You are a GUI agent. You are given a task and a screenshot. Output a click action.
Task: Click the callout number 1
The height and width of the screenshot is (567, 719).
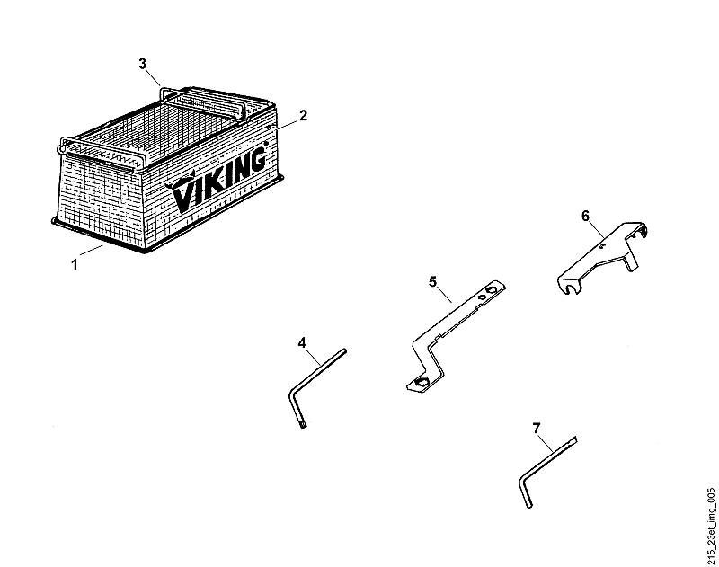pos(75,264)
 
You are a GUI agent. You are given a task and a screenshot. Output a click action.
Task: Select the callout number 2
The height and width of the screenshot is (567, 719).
pos(303,116)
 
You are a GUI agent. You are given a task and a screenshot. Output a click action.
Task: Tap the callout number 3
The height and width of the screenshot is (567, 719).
pos(143,64)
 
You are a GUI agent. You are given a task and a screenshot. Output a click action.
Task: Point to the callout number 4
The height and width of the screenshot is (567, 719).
pos(302,342)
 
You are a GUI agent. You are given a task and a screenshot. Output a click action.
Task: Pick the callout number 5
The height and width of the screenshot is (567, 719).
pos(433,281)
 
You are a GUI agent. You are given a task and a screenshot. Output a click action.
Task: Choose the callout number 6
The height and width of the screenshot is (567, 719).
pos(586,216)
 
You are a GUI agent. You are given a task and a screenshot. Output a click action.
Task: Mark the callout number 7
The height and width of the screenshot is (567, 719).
pos(537,428)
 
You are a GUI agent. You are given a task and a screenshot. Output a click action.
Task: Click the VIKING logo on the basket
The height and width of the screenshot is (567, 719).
pos(217,181)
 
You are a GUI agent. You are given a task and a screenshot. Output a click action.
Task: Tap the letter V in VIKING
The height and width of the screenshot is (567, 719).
pos(182,196)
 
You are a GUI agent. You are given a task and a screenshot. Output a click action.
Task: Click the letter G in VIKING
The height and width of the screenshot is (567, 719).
pos(256,160)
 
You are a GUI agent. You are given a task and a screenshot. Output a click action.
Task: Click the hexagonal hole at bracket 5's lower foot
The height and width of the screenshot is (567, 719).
pos(421,383)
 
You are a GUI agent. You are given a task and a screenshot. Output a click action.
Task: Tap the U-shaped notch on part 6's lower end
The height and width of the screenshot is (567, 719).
pos(572,288)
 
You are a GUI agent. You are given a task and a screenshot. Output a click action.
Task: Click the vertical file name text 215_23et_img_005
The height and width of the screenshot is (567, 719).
pos(711,527)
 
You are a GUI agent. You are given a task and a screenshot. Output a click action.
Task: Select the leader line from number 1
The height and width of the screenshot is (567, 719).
pos(91,251)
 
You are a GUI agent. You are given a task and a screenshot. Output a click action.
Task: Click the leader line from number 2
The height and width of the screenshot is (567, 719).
pos(287,122)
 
